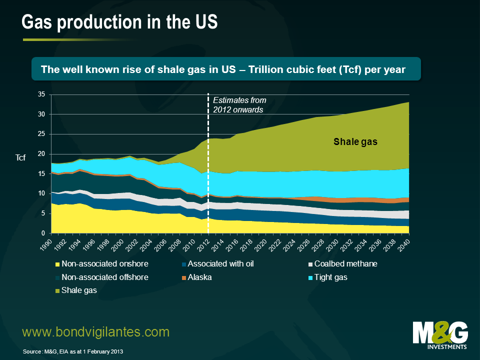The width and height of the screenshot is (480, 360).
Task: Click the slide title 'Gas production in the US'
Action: (119, 22)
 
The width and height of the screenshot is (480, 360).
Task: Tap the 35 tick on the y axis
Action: (41, 94)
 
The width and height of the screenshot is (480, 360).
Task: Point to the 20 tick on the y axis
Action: (41, 154)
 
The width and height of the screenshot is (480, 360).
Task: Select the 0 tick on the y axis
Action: (43, 233)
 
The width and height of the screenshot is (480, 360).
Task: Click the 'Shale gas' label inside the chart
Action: (355, 142)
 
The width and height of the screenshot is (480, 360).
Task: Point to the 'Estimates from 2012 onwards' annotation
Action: (239, 105)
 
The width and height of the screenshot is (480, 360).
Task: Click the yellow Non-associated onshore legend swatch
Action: (57, 264)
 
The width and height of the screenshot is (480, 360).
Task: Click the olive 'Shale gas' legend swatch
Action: (57, 290)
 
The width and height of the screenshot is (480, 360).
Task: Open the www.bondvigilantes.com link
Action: (96, 331)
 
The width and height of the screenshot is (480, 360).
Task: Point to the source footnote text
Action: (72, 352)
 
